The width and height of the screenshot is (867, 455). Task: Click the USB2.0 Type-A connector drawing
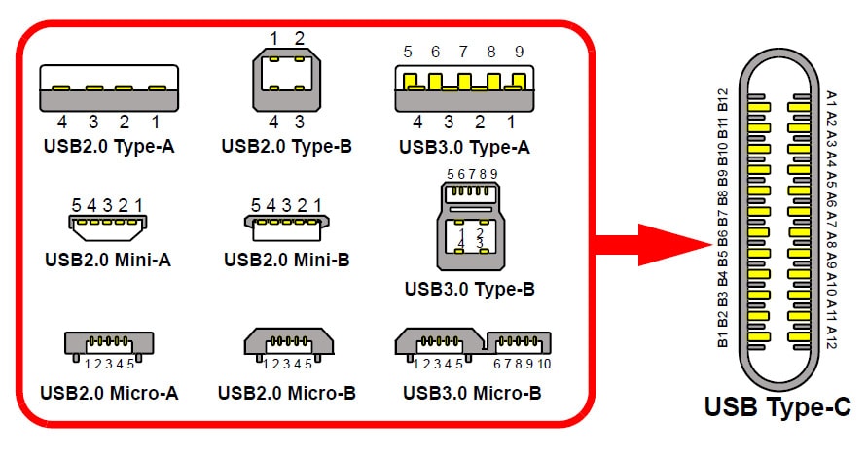pos(108,87)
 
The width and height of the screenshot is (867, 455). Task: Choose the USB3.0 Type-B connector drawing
pos(471,225)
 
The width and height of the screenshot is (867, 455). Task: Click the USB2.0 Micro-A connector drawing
pos(108,345)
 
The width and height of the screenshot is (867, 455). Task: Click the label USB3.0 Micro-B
pos(471,394)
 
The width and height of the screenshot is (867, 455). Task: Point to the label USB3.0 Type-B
pos(470,289)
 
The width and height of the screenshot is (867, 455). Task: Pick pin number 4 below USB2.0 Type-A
pos(61,122)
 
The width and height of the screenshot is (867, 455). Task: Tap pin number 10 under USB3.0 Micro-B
pos(543,365)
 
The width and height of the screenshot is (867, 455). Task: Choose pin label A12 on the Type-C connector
pos(830,336)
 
